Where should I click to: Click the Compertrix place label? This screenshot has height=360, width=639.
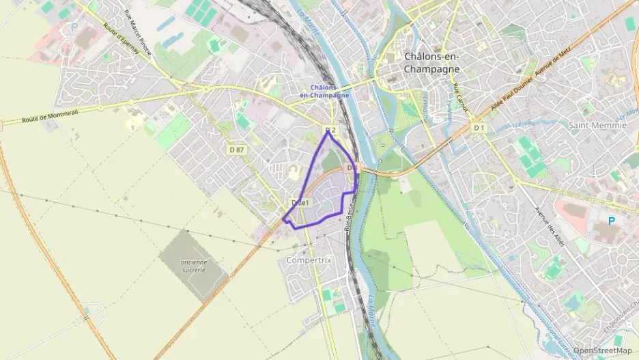(x=308, y=260)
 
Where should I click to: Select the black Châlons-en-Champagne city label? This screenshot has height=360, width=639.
(x=431, y=63)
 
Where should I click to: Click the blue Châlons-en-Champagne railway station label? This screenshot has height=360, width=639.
(x=324, y=92)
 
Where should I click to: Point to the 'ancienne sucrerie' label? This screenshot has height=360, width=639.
(x=194, y=266)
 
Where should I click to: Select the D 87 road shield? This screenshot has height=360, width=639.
(x=237, y=149)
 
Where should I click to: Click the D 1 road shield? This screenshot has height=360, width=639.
(x=479, y=128)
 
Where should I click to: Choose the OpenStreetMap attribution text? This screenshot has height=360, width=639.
(x=603, y=350)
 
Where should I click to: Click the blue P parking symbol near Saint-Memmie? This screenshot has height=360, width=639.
(x=611, y=221)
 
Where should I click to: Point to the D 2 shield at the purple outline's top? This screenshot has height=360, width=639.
(x=331, y=130)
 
